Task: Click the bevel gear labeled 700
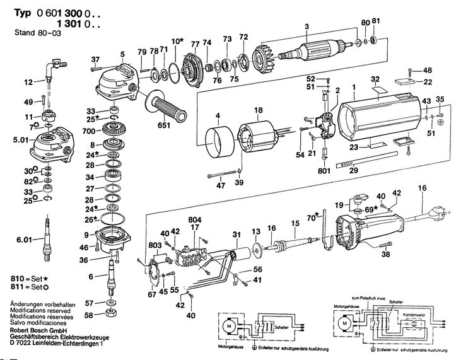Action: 115,134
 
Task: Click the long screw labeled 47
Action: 223,176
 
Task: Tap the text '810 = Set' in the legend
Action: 26,278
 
